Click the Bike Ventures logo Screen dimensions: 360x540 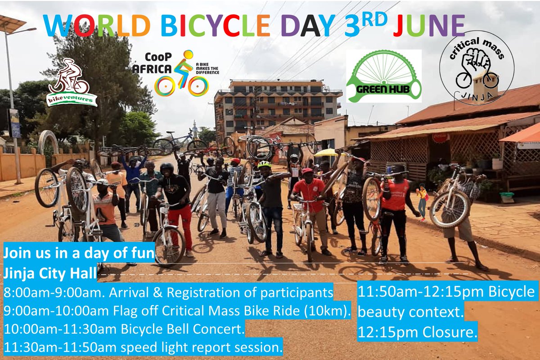[x=72, y=83]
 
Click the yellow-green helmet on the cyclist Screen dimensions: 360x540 [x=264, y=165]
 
